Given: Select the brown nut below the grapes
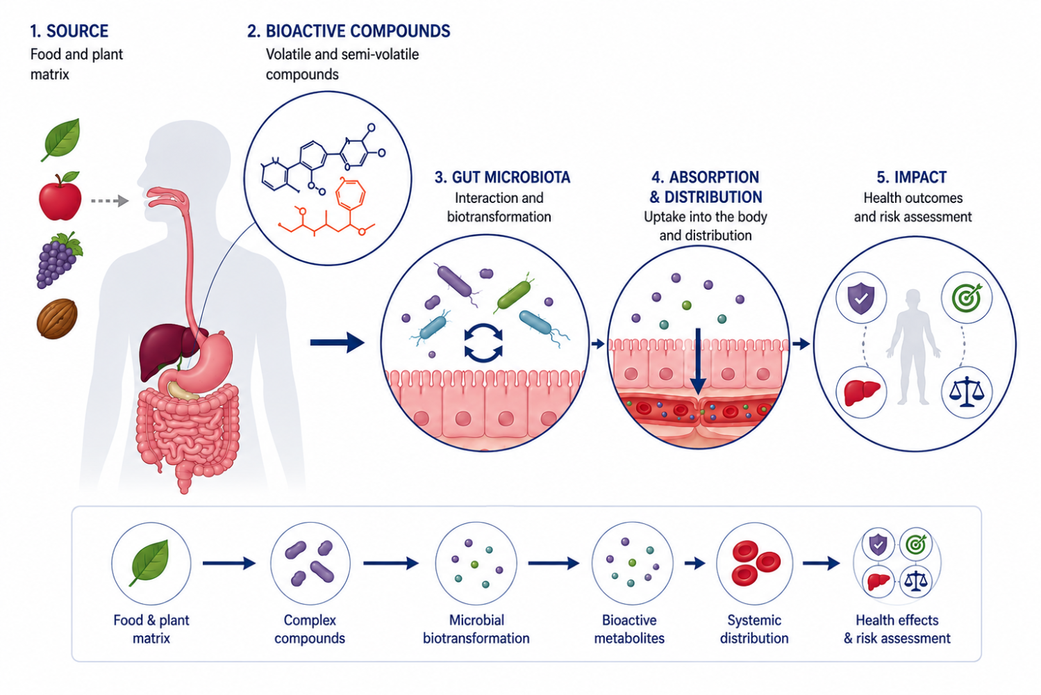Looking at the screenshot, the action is click(57, 319).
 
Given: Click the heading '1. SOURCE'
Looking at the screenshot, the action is click(69, 31).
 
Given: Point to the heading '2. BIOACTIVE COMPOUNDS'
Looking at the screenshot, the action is click(349, 31).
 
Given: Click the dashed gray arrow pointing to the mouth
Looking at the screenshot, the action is click(110, 201).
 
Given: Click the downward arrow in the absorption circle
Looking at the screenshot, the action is click(698, 361).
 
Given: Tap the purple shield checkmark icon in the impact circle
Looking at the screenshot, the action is click(861, 297).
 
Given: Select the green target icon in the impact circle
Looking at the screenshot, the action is click(966, 297).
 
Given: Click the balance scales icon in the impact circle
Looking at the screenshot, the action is click(967, 392).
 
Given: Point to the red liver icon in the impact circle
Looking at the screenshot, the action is click(861, 393).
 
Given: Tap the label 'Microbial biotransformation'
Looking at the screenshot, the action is click(476, 629).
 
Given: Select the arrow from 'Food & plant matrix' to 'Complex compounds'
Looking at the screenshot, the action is click(229, 564).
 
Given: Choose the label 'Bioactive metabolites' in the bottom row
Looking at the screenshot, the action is click(629, 629).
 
